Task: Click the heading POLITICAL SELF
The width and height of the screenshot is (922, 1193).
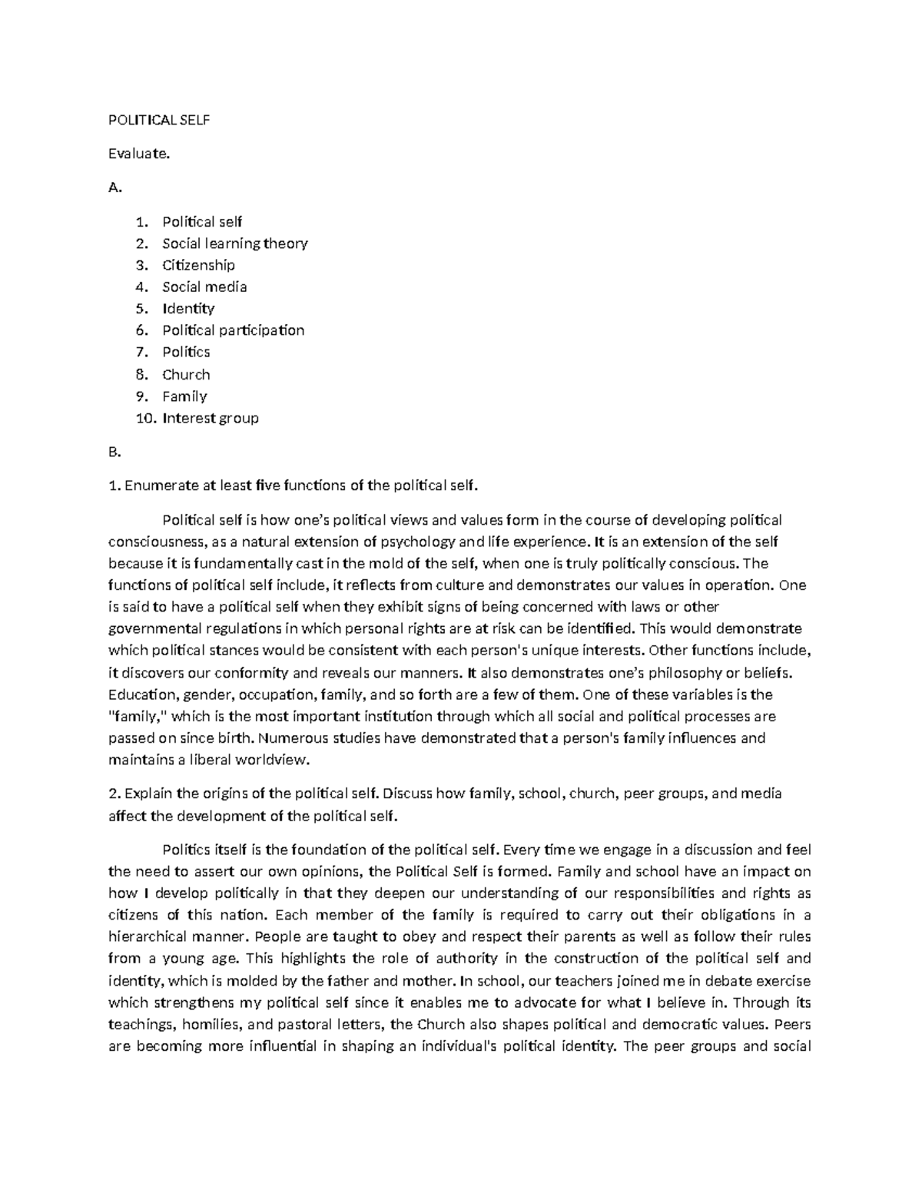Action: [x=159, y=120]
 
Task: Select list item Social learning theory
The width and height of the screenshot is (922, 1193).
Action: [x=234, y=244]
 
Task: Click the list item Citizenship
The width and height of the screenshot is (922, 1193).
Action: [x=198, y=265]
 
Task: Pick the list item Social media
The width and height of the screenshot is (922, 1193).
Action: [x=204, y=287]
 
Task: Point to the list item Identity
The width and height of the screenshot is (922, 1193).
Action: [x=188, y=309]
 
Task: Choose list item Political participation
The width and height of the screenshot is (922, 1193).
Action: [x=233, y=330]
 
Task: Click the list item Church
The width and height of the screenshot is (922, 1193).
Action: [x=186, y=375]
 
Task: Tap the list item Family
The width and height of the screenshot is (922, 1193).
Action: [x=184, y=396]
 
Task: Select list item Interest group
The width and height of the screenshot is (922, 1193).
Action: [x=211, y=419]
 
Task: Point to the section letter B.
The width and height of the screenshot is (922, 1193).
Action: [x=114, y=452]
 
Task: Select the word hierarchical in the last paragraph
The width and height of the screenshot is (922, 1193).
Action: [x=149, y=937]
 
